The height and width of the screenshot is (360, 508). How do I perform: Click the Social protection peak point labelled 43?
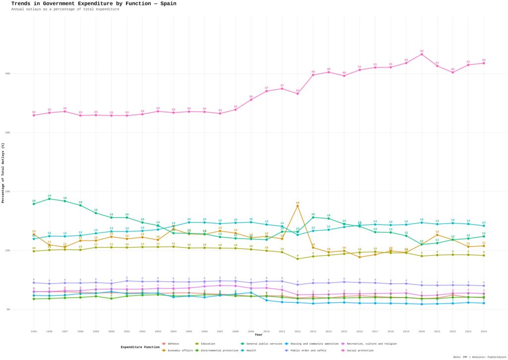[422, 54]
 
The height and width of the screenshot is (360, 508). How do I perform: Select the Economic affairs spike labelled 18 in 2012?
[298, 206]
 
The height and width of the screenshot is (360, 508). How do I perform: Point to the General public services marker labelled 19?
[49, 199]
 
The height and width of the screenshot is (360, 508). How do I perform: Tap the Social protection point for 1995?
[34, 115]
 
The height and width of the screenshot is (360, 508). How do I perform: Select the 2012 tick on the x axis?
[298, 331]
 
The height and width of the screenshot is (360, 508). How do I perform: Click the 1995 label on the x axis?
[34, 331]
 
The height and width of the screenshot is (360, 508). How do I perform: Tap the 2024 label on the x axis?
[484, 331]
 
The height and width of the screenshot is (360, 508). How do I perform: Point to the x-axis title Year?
[258, 335]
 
